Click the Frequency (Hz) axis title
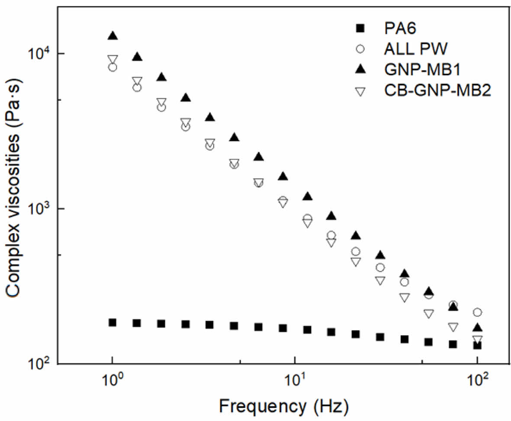283,406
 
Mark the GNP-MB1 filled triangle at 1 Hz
113,36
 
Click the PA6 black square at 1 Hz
112,322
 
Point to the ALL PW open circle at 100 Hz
477,312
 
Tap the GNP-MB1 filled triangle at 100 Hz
477,328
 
